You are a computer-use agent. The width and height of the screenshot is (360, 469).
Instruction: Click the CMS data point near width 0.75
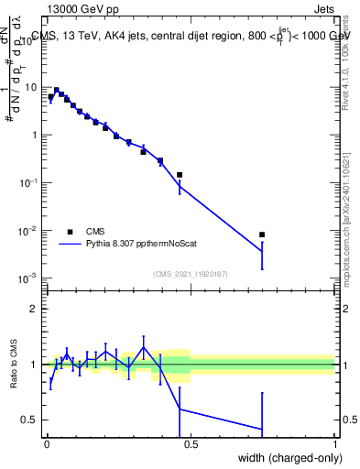262,234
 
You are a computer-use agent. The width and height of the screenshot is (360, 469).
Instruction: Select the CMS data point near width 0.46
180,174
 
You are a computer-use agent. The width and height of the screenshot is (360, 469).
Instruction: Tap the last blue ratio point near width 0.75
262,429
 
